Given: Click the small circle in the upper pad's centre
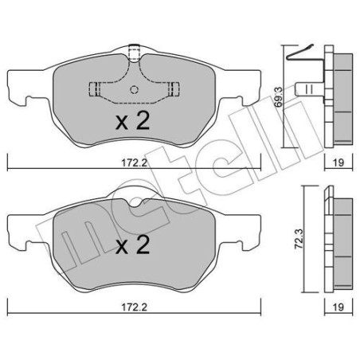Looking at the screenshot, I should coord(133,89).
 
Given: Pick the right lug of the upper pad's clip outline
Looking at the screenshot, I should coord(170,88).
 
